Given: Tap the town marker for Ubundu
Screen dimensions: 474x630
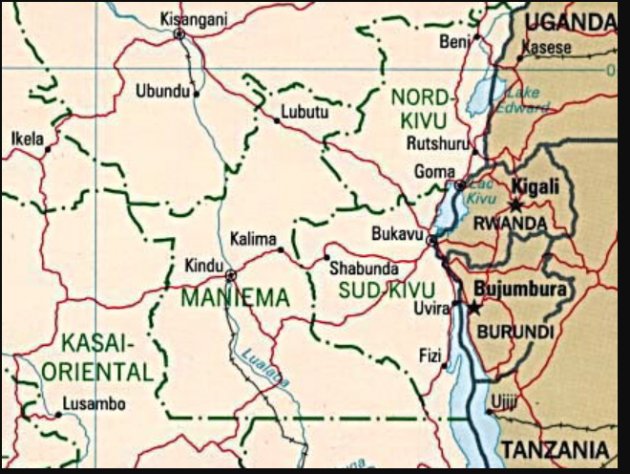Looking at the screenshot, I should coord(197,94).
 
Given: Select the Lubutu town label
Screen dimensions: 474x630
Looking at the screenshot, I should coord(304,113).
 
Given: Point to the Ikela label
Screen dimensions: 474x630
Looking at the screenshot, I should coord(27,140).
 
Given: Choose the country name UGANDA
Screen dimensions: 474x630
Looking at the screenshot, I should coord(571,21).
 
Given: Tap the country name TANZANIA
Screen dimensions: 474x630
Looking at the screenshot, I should coord(556,449).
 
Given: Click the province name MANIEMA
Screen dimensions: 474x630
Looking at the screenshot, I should coord(235,298).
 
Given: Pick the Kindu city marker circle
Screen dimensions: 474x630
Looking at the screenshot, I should coord(230,275).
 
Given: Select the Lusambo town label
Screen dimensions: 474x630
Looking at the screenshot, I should coord(94,404).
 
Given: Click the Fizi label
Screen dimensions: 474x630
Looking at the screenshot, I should coord(430,356).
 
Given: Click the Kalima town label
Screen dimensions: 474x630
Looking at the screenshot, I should coord(253,239).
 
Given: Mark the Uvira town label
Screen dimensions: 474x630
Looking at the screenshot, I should coord(431,307).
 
